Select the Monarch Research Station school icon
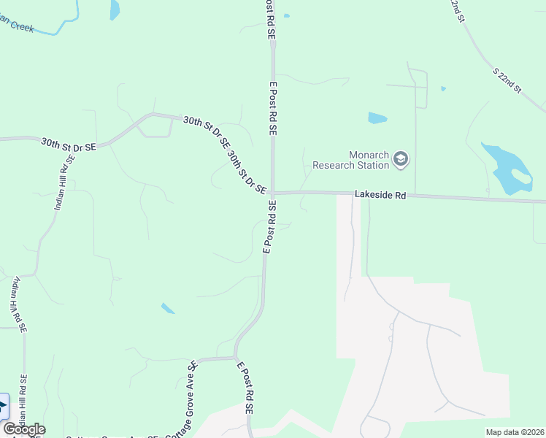coord(400,158)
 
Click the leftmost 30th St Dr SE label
coord(69,142)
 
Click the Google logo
coord(24,429)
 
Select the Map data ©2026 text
coord(515,432)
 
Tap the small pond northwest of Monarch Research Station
coord(377,118)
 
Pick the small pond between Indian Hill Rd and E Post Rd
coord(168,308)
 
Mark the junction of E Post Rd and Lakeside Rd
coord(272,193)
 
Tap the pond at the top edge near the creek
coord(115,9)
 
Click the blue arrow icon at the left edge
coord(3,406)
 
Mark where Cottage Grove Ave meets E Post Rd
coord(235,358)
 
